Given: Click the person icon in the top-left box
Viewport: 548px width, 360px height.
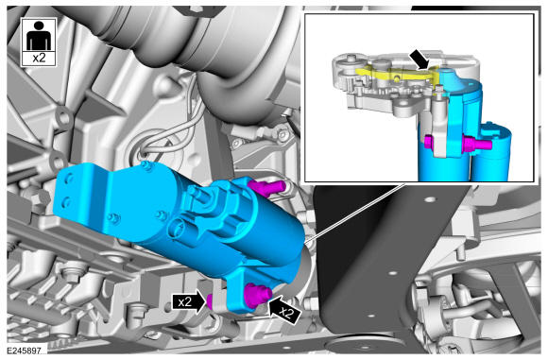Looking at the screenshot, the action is coord(39,36).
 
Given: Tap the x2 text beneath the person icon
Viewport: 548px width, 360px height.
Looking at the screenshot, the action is coord(39,58).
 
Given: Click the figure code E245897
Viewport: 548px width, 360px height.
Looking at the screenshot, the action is coord(25,351).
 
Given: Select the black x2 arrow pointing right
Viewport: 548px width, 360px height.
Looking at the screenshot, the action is coord(189,302).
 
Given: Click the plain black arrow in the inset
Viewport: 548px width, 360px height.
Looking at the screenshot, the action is coord(420,59).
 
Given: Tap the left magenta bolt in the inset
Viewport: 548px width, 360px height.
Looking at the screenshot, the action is coord(429,142).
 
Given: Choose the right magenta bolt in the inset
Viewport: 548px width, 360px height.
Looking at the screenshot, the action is coord(477,144).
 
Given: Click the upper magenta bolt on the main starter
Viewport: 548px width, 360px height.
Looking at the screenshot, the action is coord(266,188).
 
